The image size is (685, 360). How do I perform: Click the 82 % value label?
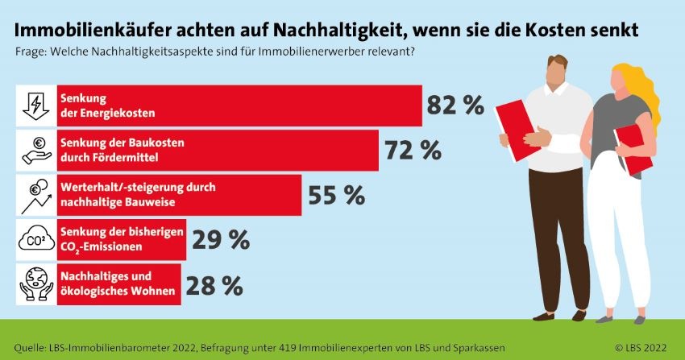coord(455,106)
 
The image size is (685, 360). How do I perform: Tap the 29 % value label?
coord(219,239)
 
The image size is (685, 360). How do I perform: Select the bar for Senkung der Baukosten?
coord(218,151)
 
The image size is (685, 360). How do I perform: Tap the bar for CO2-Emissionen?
coord(122,239)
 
